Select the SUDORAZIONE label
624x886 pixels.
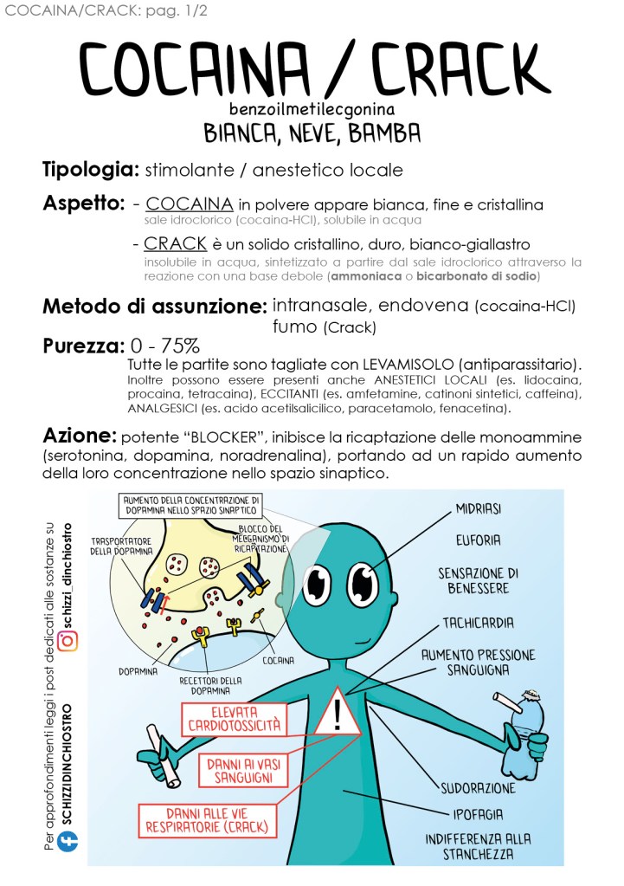[479, 788]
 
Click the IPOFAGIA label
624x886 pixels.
[479, 814]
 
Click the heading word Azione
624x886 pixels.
[79, 435]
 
